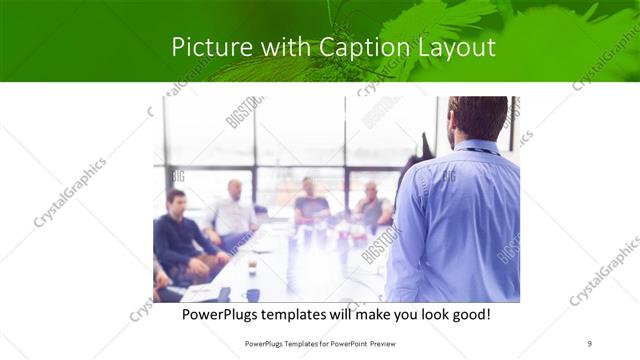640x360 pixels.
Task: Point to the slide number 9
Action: [590, 343]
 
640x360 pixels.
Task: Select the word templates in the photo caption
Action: [311, 314]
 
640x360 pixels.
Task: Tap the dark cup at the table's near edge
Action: [252, 294]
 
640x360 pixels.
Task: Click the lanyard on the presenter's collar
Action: [478, 152]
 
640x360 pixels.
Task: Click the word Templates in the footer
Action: [285, 343]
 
